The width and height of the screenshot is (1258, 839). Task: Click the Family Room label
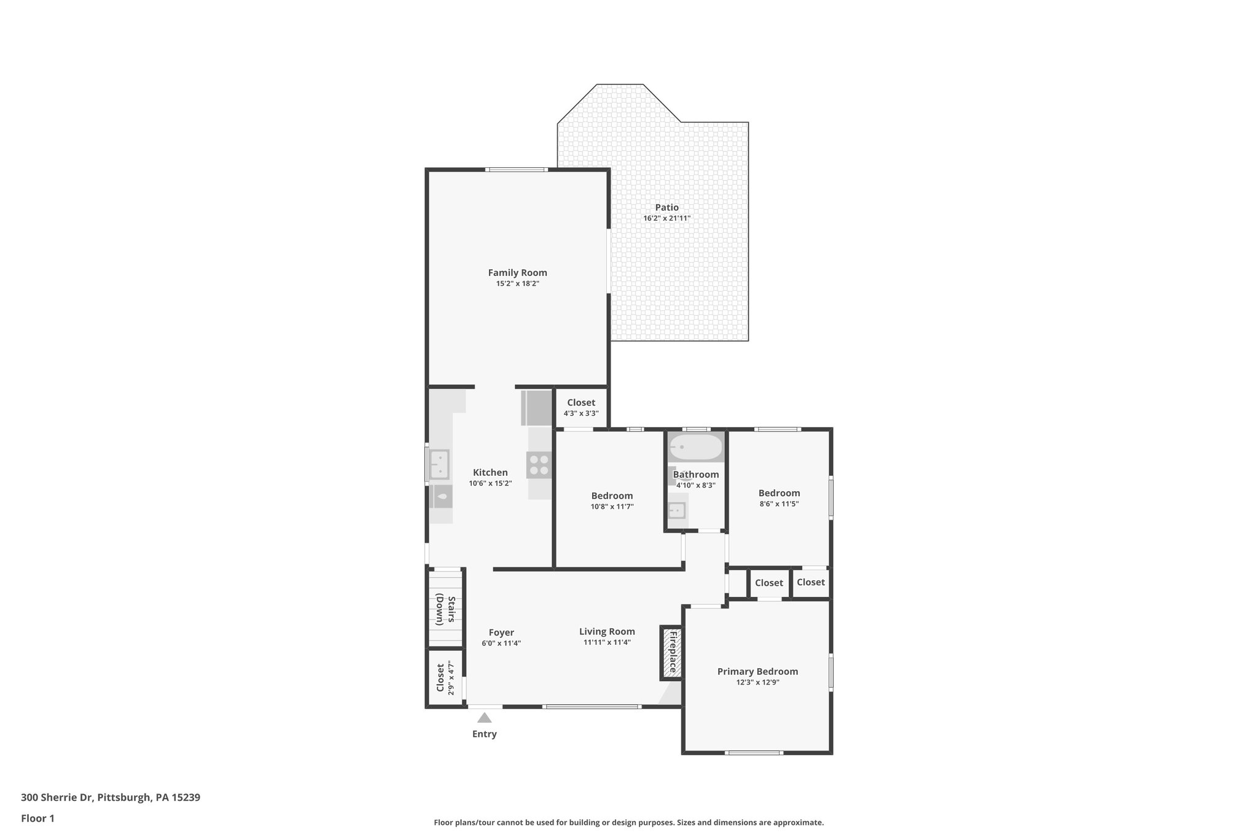click(x=517, y=272)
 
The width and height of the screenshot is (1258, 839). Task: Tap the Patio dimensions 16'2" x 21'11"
click(x=666, y=218)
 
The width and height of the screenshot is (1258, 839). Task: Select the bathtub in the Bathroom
click(x=695, y=447)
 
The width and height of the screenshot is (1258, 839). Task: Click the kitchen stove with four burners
click(x=539, y=465)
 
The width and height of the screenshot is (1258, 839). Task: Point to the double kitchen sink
click(x=439, y=465)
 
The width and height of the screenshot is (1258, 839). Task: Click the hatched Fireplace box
click(x=672, y=653)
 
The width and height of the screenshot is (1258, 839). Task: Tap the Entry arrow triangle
click(x=485, y=718)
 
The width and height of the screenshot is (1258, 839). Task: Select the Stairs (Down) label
click(x=446, y=610)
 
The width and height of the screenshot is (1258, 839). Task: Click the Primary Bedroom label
click(x=757, y=671)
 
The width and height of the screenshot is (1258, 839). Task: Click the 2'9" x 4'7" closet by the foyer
click(x=445, y=678)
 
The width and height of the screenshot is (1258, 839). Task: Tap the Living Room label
click(x=607, y=631)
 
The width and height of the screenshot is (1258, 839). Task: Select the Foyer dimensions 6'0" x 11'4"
click(x=501, y=643)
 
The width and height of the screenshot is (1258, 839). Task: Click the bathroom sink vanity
click(x=676, y=510)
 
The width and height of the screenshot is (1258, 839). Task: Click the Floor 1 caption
click(x=37, y=818)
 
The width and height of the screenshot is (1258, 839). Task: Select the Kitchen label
click(x=490, y=472)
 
